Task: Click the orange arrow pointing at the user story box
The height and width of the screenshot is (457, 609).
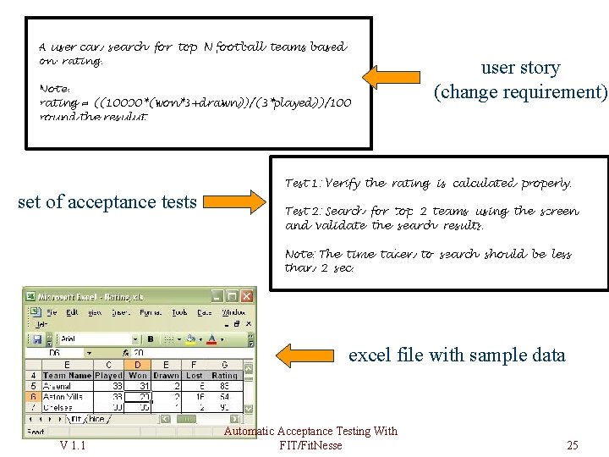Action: coord(394,78)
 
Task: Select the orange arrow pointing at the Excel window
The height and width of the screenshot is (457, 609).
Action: coord(309,355)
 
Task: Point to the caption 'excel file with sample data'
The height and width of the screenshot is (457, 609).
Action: coord(457,355)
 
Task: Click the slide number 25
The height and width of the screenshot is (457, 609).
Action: coord(573,445)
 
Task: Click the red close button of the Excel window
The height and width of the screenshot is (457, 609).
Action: coord(247,296)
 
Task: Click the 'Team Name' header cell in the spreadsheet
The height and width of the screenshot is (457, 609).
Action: coord(67,375)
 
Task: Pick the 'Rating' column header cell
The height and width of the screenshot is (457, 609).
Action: coord(225,375)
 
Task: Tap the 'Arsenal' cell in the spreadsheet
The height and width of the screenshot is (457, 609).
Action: coord(57,385)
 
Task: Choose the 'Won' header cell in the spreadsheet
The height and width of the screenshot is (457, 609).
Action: coord(138,375)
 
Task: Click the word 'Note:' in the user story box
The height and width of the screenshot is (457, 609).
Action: coord(55,88)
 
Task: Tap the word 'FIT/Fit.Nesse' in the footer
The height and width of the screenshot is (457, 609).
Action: coord(310,445)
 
